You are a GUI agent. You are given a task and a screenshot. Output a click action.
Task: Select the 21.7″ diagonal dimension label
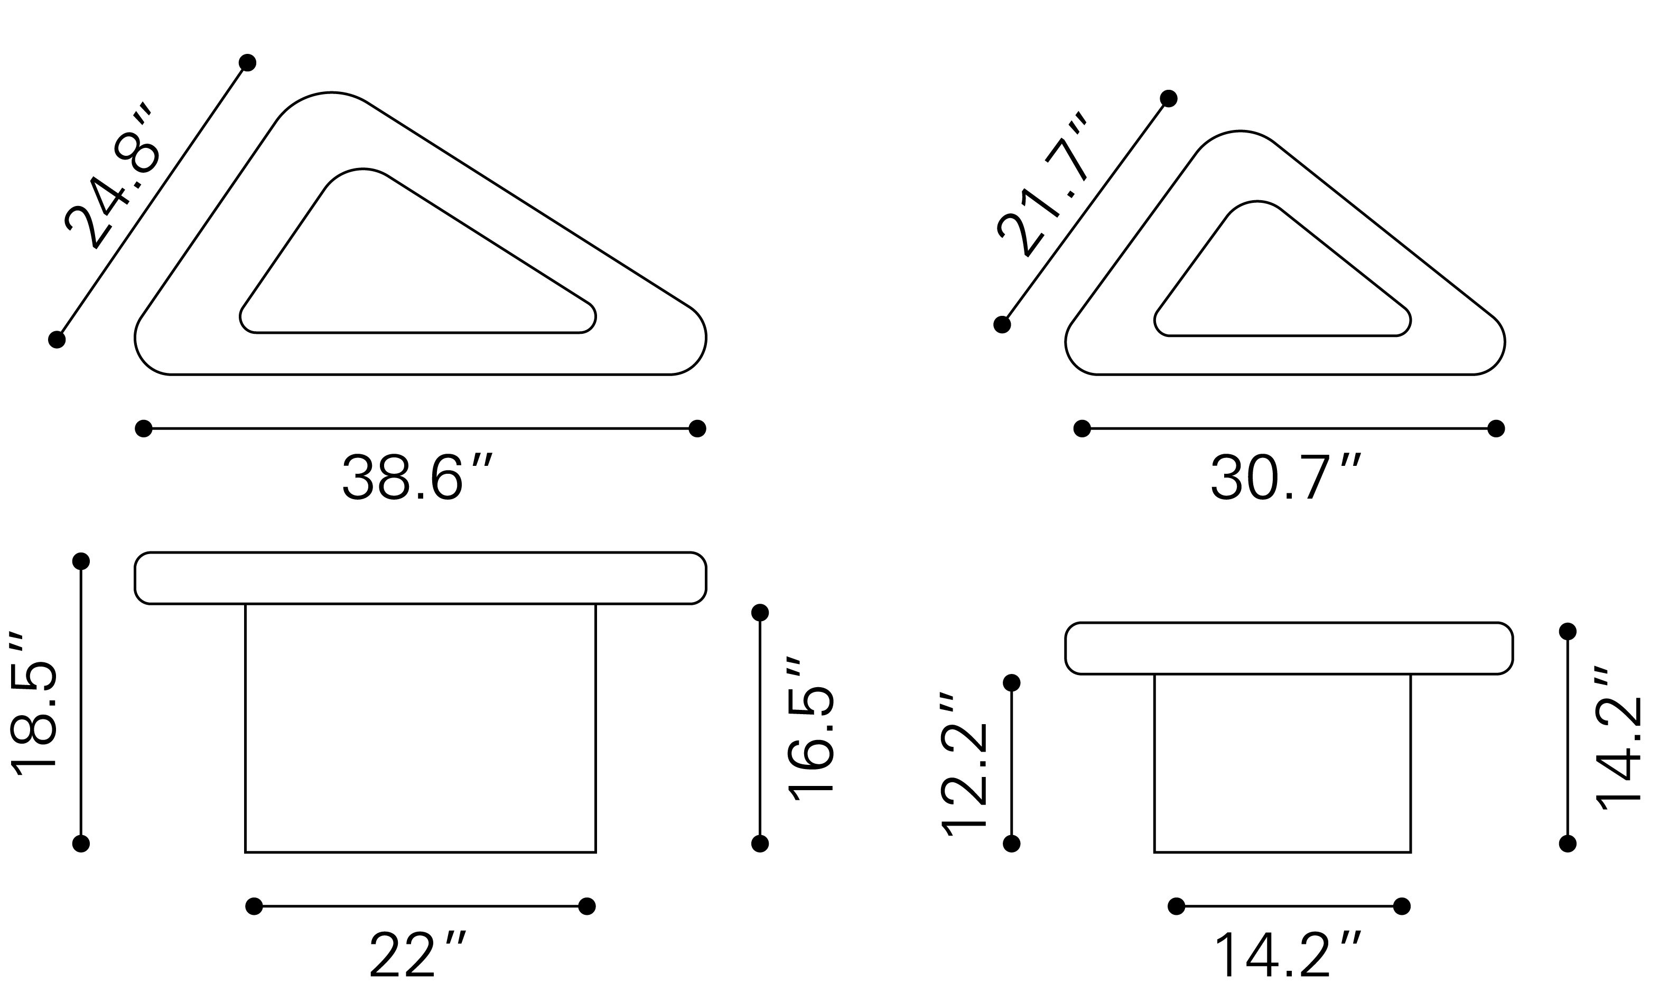point(1042,185)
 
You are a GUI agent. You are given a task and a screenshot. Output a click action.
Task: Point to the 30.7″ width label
point(1285,477)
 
